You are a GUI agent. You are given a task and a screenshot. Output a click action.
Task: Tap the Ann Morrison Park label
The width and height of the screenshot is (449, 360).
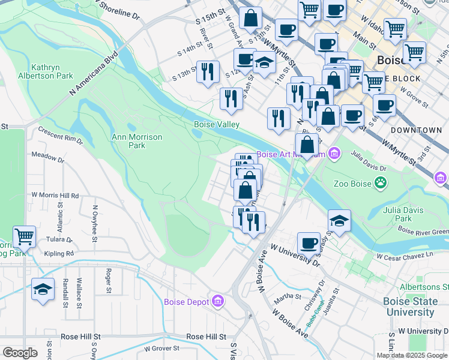click(137, 141)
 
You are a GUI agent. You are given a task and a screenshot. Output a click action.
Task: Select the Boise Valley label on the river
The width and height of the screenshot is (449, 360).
click(216, 125)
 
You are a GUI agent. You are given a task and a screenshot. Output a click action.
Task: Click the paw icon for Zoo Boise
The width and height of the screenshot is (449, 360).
click(381, 182)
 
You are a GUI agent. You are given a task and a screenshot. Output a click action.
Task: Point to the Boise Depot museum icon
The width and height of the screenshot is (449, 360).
click(218, 301)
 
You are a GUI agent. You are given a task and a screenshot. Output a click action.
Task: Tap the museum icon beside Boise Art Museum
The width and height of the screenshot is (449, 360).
click(334, 154)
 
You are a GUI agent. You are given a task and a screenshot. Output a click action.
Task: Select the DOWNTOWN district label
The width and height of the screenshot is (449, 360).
click(415, 130)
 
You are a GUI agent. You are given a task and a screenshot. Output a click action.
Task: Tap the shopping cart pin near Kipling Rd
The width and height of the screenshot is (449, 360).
click(25, 236)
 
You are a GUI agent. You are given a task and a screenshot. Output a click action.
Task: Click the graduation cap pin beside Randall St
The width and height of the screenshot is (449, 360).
click(43, 289)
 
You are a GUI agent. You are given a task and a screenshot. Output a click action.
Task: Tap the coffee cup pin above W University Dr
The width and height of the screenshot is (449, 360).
click(309, 243)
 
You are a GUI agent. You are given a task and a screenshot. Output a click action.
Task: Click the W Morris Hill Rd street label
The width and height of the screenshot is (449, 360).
click(55, 196)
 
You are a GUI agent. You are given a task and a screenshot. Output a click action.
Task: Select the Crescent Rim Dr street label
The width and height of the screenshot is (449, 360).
click(60, 134)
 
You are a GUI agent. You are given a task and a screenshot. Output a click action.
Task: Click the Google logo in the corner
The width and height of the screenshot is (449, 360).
click(20, 353)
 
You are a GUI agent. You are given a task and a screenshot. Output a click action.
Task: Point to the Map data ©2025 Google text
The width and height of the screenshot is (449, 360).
click(411, 355)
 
